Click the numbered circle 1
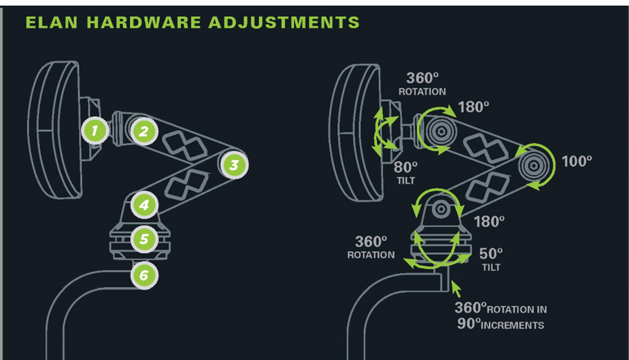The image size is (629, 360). click(x=94, y=131)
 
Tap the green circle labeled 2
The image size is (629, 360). click(x=144, y=132)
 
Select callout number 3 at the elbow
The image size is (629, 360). click(x=234, y=165)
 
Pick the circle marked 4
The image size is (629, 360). click(x=144, y=205)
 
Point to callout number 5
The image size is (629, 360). click(x=144, y=239)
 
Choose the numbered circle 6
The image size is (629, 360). click(x=144, y=275)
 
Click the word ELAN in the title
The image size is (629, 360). click(x=52, y=22)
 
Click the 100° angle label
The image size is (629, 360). click(x=576, y=162)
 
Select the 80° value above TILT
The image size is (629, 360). click(x=405, y=167)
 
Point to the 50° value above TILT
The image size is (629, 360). click(x=491, y=253)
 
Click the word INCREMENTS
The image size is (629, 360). click(x=512, y=325)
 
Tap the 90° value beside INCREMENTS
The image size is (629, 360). click(x=469, y=324)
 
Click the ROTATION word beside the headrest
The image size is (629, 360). click(x=422, y=92)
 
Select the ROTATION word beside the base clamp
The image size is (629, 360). click(x=371, y=255)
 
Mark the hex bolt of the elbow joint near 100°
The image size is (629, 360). click(x=533, y=166)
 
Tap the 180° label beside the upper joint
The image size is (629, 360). click(x=473, y=107)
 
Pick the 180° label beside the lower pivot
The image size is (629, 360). click(x=489, y=222)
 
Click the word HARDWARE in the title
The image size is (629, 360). click(x=143, y=22)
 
